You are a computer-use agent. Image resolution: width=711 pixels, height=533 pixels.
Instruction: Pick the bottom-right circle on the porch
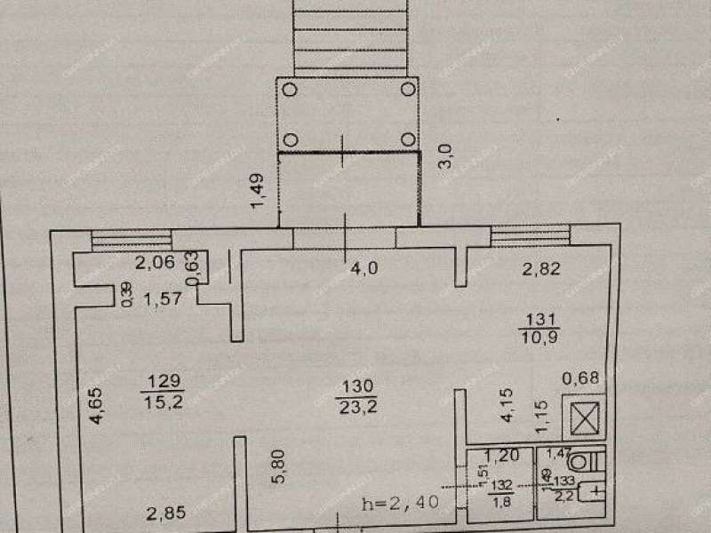point(407,139)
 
